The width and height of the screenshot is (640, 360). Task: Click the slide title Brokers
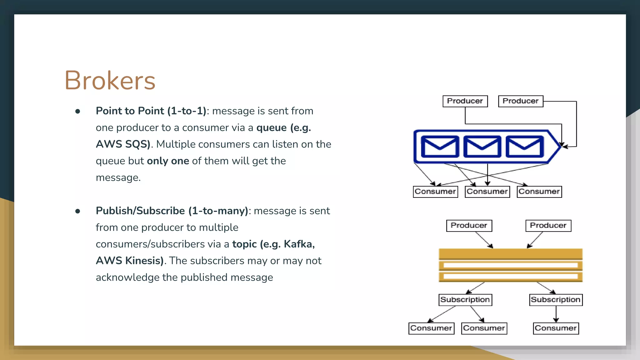110,80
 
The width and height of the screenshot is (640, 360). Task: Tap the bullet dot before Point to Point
78,111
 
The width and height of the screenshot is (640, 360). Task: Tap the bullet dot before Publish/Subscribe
78,211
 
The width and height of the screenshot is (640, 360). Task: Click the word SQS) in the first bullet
138,144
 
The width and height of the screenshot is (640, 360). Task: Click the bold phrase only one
168,161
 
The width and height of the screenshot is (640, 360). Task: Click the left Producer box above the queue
465,101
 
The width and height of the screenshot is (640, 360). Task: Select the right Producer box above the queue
521,101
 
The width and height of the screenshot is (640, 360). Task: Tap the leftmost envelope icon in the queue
440,147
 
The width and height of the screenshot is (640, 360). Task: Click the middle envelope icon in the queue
482,147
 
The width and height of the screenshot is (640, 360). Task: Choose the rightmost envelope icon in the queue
525,147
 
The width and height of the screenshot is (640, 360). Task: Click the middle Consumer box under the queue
487,192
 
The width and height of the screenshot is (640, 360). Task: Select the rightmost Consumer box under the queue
539,192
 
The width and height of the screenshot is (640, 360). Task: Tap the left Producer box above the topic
469,226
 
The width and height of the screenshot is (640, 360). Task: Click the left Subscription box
465,300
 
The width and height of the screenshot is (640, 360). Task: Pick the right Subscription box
556,300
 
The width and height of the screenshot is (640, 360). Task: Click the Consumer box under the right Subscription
556,328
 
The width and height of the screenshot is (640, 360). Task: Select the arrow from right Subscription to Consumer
556,314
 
